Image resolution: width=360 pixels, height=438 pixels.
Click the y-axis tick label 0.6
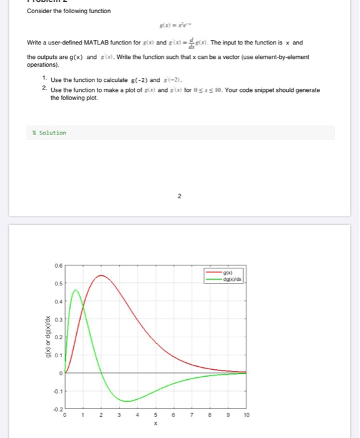(57, 265)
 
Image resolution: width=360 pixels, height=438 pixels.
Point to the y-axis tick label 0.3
(57, 319)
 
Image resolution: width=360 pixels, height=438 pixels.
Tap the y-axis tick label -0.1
(57, 392)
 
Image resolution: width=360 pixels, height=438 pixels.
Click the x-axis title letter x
(155, 424)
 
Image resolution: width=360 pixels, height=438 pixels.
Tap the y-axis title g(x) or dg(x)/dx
(44, 337)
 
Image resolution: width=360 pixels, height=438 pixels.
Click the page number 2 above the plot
(179, 198)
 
